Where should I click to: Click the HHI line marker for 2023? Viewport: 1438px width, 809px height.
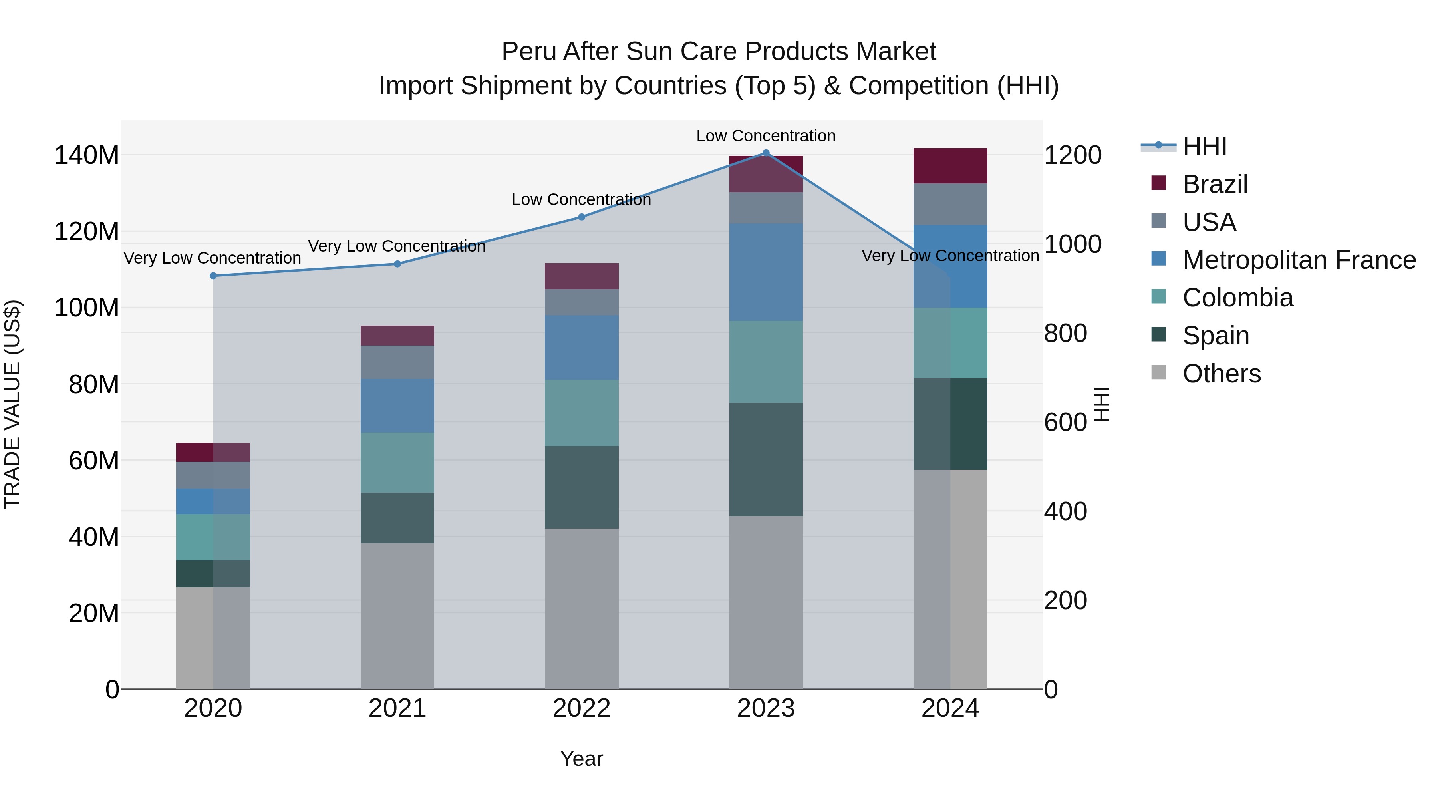766,153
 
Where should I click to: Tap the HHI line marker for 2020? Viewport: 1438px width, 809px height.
213,276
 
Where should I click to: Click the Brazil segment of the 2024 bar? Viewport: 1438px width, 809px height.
950,166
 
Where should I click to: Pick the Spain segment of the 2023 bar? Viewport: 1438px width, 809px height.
766,459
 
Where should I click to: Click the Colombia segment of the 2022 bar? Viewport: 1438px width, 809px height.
581,413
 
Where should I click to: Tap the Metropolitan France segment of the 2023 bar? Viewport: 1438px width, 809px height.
766,272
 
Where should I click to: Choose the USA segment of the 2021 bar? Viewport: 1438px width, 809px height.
397,362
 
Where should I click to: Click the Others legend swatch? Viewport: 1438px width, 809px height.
1158,372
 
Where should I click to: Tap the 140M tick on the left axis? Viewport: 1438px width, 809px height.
87,155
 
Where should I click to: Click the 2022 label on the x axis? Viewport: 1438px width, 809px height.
581,708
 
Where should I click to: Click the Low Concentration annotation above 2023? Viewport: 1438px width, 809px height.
765,136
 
